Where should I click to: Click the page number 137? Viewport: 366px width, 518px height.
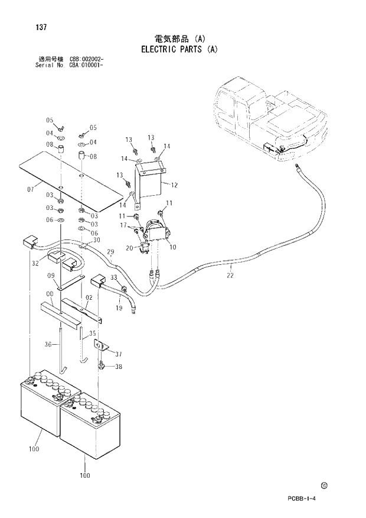tap(41, 27)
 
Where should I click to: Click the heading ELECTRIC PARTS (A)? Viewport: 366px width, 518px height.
tap(179, 50)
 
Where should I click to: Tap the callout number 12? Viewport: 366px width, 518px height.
tap(174, 184)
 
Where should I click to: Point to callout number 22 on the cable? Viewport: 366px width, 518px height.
tap(230, 274)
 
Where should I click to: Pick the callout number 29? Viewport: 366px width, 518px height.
tap(110, 252)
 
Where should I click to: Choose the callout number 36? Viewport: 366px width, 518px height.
tap(49, 344)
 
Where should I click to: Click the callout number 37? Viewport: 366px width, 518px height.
tap(119, 354)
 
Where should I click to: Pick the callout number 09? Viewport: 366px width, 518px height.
tap(51, 276)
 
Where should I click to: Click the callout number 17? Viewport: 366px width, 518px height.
tap(123, 225)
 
